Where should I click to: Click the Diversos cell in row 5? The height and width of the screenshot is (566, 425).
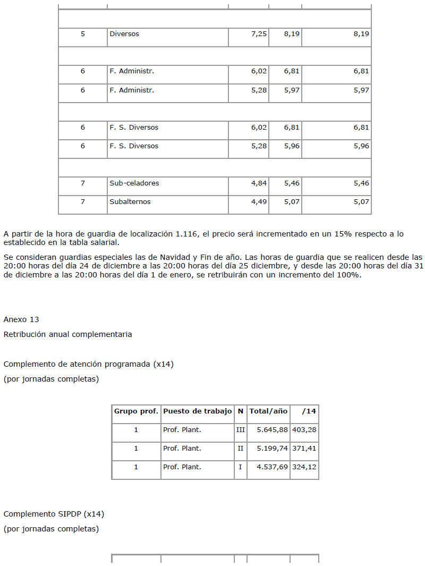124,34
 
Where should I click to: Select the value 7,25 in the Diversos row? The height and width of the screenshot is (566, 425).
259,34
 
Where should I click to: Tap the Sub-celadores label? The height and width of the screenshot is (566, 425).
134,183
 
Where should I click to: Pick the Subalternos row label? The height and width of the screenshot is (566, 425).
130,202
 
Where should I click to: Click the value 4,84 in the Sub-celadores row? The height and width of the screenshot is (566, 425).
259,183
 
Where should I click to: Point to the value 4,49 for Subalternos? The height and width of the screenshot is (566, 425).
259,202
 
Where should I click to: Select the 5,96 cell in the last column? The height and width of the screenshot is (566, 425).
361,146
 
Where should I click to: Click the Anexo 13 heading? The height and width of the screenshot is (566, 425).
21,319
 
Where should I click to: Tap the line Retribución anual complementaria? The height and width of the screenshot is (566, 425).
67,334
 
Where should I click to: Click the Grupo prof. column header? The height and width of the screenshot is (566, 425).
136,411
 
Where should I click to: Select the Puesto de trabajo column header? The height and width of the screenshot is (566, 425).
197,411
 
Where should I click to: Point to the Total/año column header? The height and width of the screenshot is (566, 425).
268,411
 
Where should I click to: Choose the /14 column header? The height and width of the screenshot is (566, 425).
309,411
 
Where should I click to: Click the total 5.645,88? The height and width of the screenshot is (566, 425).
272,430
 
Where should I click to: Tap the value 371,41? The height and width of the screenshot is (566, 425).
304,449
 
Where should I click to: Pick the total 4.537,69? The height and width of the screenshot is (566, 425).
272,467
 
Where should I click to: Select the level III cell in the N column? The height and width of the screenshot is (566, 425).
240,430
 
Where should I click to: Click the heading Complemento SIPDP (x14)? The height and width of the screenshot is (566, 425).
54,514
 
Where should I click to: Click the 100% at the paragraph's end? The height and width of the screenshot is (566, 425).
352,275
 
